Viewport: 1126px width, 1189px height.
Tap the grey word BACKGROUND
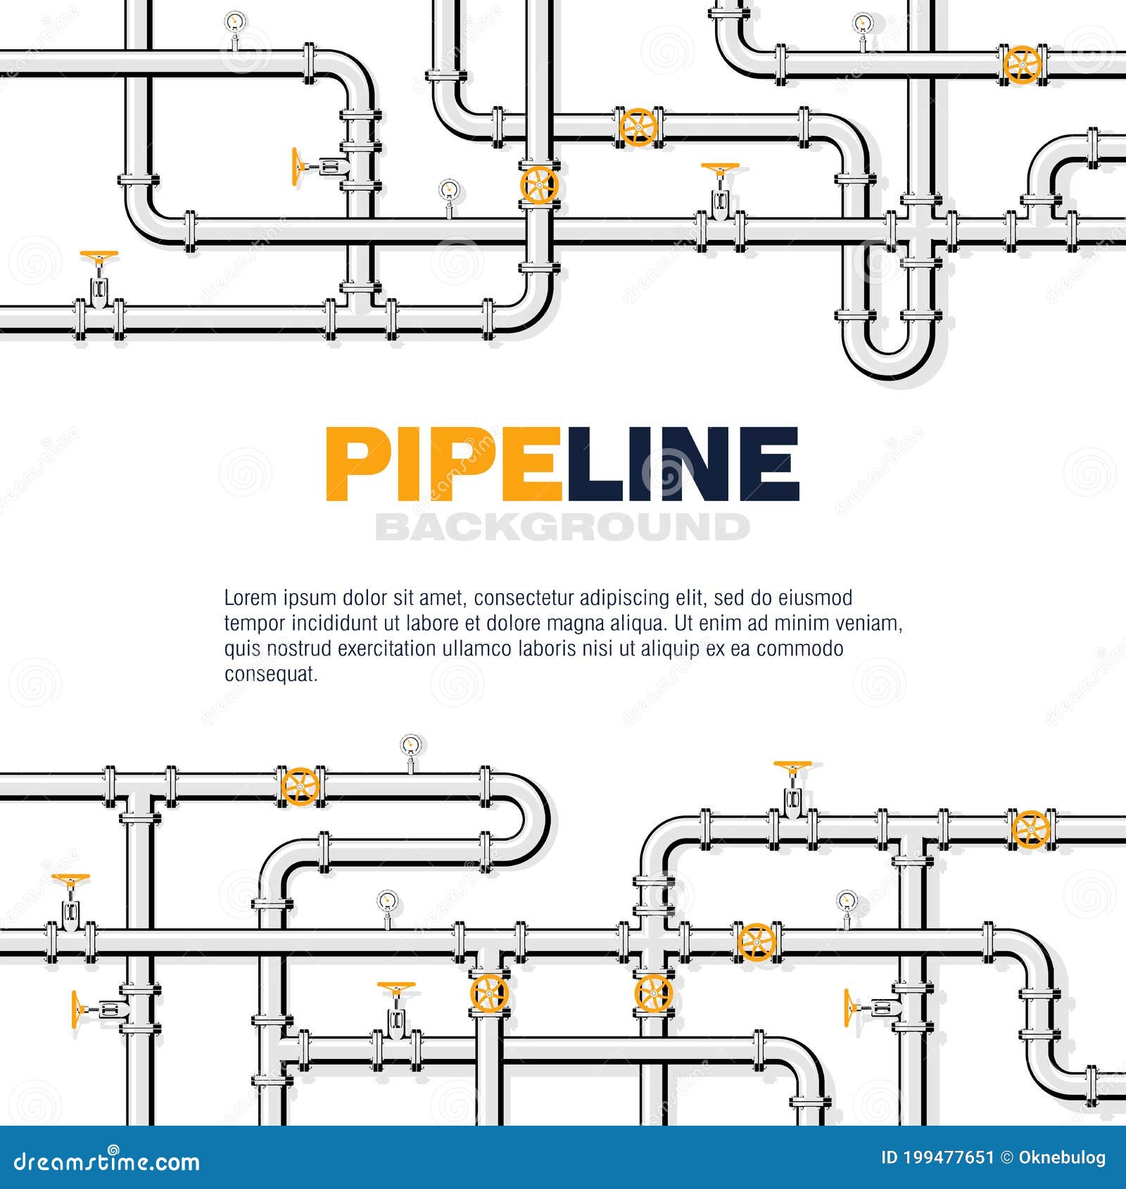(x=562, y=527)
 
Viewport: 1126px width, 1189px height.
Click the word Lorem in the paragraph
(x=250, y=598)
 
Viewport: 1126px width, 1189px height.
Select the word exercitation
(x=388, y=649)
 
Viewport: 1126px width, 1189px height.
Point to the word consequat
(x=271, y=674)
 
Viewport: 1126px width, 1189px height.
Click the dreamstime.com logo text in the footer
(x=107, y=1162)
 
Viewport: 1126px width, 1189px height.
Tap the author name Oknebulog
(x=1062, y=1158)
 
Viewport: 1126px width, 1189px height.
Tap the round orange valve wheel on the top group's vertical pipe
(x=539, y=185)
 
